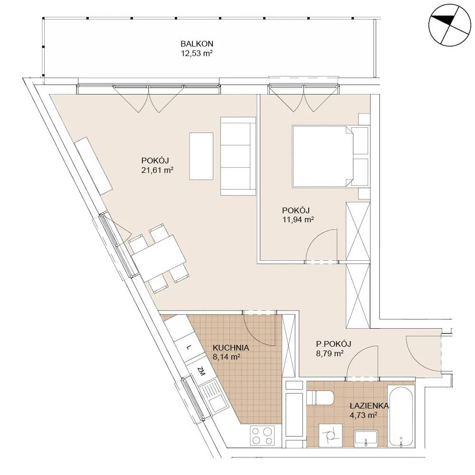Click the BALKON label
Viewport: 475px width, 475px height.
(197, 44)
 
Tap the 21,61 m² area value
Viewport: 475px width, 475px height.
(157, 170)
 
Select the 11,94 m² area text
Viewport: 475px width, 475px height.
(298, 219)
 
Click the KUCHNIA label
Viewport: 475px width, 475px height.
(231, 348)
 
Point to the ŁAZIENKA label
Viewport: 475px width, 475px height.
(369, 406)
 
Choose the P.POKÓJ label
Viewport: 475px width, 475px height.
(333, 344)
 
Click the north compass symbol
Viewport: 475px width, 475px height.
(450, 25)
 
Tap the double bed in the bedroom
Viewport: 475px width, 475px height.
(323, 156)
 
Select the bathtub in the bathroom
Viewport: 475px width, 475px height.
(401, 416)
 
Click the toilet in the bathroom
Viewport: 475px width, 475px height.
(320, 398)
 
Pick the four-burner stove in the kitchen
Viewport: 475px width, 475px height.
(262, 436)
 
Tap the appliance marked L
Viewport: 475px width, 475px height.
(189, 347)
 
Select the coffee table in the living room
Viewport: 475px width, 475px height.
(201, 156)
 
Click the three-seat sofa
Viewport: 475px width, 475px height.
(238, 156)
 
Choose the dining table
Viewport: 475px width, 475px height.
(159, 258)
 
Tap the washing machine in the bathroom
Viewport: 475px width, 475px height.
(331, 435)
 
